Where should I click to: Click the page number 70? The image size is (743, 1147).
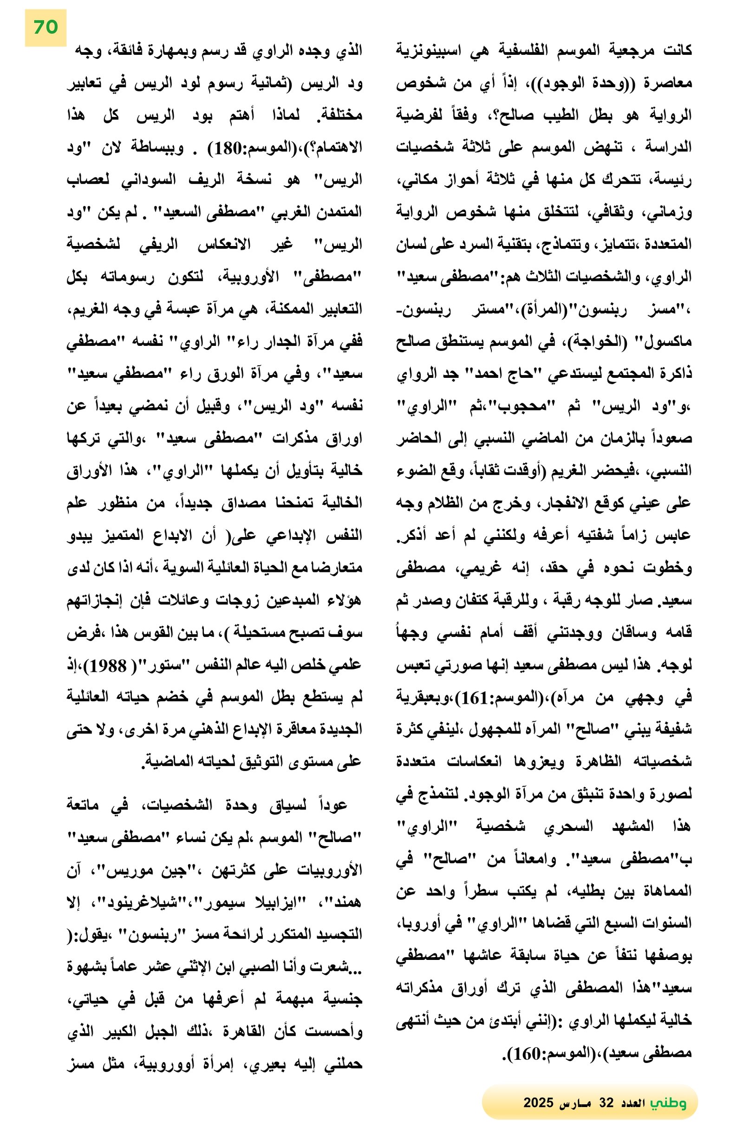[46, 27]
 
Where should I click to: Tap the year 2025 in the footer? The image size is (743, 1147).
[538, 1102]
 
